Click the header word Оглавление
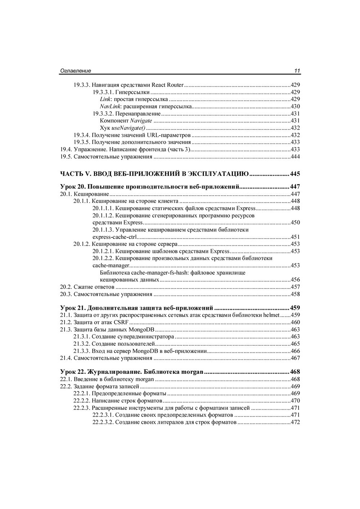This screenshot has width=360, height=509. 75,71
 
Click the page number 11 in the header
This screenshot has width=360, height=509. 297,71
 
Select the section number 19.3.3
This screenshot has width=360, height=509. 82,85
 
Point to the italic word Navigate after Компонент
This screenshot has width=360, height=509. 141,121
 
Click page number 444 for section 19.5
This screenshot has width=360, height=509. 295,157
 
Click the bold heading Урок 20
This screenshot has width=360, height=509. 72,187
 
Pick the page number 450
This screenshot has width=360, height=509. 295,223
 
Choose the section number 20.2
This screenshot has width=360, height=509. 66,287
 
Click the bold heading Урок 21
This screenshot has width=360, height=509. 72,308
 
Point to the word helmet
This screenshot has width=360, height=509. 272,315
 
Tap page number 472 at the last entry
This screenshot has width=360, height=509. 295,422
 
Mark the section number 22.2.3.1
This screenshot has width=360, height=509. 103,415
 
